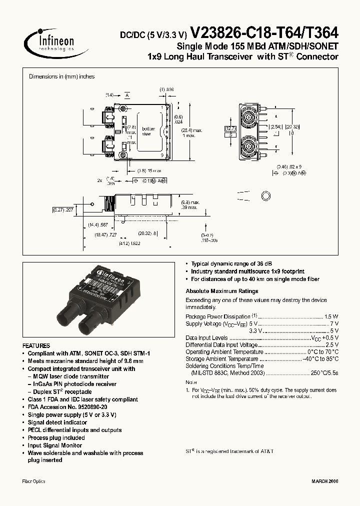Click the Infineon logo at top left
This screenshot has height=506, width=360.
[x=55, y=42]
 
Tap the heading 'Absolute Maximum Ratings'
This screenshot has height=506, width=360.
[x=221, y=291]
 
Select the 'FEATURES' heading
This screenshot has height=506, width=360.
[x=36, y=345]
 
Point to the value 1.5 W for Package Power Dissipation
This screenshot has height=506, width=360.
[x=331, y=316]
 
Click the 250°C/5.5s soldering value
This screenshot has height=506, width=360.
[x=324, y=372]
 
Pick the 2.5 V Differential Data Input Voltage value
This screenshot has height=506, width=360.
[x=332, y=344]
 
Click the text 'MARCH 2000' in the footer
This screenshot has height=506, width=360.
[x=325, y=481]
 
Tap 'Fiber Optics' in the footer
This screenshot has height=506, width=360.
[x=34, y=481]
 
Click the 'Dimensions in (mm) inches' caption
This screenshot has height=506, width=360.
[x=61, y=76]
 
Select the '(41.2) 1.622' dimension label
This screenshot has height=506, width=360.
[x=129, y=243]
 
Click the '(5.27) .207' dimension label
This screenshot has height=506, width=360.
[x=63, y=210]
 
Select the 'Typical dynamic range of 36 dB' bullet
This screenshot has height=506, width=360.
[x=230, y=263]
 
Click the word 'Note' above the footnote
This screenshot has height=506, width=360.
[x=191, y=382]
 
